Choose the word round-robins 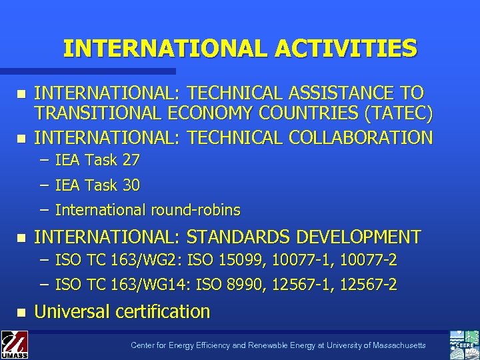click(195, 210)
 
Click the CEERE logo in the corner click(465, 344)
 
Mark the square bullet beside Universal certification click(21, 312)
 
